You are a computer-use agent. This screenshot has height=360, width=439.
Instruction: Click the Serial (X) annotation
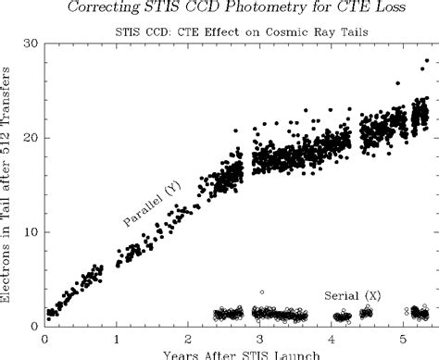point(353,295)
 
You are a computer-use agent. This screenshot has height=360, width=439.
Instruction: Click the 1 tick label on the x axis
point(117,339)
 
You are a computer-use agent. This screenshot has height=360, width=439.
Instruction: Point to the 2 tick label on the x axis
point(188,339)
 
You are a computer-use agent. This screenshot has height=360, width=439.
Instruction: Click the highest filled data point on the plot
point(427,61)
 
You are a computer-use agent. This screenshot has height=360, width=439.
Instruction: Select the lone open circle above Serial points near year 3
point(262,292)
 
